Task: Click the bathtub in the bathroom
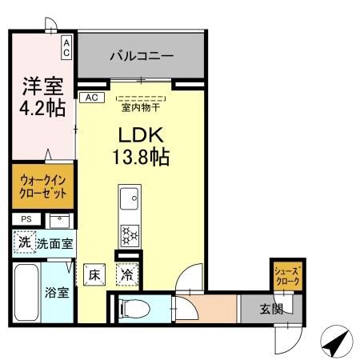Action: pos(25,291)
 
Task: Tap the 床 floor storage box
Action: pos(94,274)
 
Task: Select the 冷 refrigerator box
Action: pos(127,274)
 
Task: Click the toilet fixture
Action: pos(134,307)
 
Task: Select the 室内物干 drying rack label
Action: pos(141,105)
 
